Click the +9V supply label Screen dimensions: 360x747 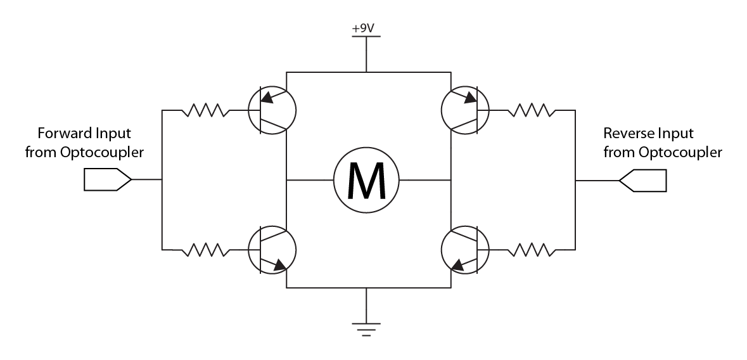point(366,29)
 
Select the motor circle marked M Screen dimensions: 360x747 point(366,180)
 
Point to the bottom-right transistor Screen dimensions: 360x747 point(465,251)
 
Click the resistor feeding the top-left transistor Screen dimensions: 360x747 point(205,111)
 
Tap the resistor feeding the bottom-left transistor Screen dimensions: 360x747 point(205,250)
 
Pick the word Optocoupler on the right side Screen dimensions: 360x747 point(682,153)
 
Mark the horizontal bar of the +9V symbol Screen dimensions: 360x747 point(366,36)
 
